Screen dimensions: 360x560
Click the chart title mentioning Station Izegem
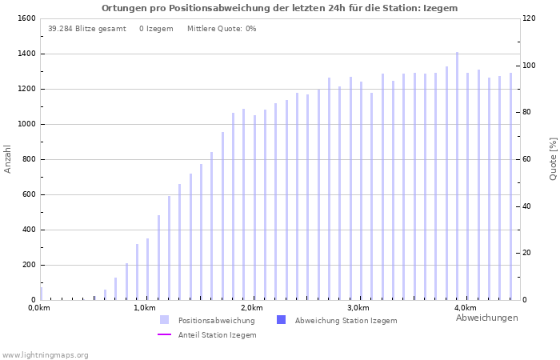[279, 8]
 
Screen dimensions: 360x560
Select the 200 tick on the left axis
[28, 265]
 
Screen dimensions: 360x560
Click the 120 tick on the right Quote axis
[530, 18]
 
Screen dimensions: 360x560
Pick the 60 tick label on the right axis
[527, 159]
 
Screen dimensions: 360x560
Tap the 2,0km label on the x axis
[251, 308]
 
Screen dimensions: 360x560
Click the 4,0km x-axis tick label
[465, 308]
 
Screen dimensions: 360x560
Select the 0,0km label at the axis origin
[39, 308]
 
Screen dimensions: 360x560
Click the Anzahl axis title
[8, 158]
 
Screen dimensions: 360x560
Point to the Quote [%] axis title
[553, 158]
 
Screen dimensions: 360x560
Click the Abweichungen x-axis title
[486, 318]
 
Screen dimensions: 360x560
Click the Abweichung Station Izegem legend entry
[346, 320]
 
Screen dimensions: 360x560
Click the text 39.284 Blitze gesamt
[86, 29]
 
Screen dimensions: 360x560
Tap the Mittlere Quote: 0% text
[222, 29]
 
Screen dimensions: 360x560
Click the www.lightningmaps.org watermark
[45, 354]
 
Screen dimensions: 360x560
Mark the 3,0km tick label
[358, 308]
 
